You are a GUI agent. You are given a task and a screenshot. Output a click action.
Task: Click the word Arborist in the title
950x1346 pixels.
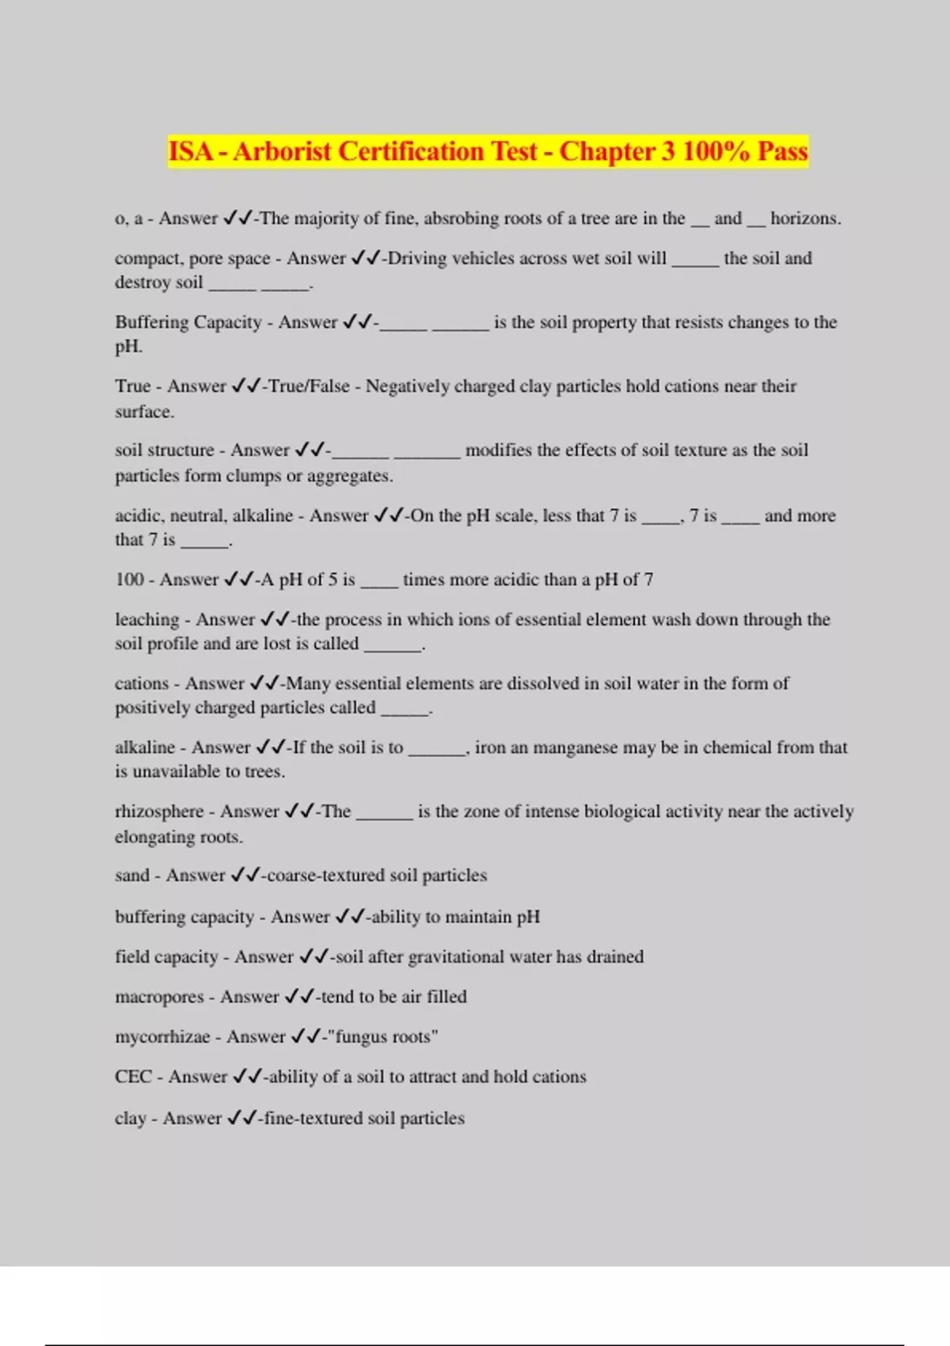(x=281, y=151)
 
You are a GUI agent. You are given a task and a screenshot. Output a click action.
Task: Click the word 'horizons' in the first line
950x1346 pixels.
(x=804, y=219)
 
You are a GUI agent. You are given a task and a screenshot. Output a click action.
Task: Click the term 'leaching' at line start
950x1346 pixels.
(x=147, y=619)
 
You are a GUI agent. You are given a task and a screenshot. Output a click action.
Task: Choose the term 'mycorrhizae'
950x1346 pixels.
(x=162, y=1036)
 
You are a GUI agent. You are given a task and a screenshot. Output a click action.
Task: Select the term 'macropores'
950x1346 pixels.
(x=159, y=997)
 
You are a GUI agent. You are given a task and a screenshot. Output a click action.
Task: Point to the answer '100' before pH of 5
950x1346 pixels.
(x=129, y=580)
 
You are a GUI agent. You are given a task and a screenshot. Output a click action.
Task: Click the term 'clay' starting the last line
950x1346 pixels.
(x=130, y=1118)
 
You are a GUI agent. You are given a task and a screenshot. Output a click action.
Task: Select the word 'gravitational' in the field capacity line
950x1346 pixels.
(x=456, y=956)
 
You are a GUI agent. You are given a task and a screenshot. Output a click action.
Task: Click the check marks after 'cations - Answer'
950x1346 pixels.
(x=264, y=683)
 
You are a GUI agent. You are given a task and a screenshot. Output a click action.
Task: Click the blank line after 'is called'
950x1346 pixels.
(x=393, y=644)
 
